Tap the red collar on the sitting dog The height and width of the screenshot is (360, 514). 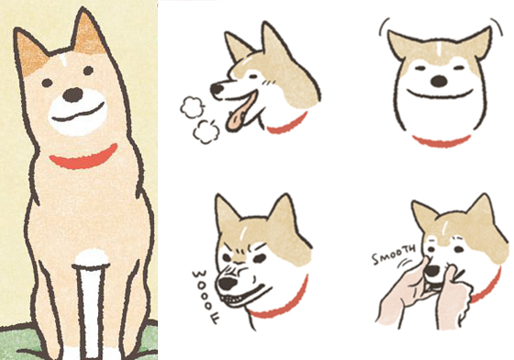tap(83, 157)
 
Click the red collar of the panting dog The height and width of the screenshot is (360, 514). tap(292, 125)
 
